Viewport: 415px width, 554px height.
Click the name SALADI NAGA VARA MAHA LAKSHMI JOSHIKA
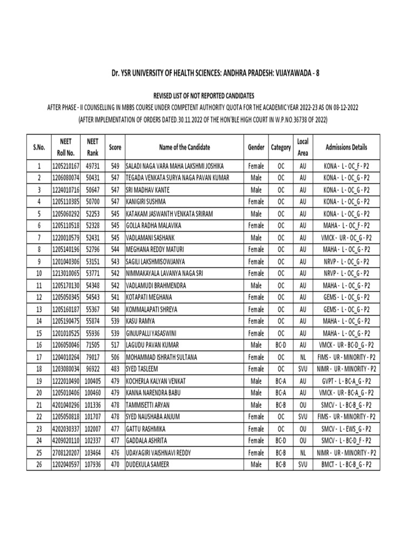[174, 166]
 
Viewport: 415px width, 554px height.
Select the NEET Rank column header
[92, 147]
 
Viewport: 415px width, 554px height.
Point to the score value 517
[115, 345]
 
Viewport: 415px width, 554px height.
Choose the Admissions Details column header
[346, 147]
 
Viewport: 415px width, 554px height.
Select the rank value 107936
[92, 464]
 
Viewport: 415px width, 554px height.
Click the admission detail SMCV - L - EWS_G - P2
[346, 428]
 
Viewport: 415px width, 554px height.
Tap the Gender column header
[256, 147]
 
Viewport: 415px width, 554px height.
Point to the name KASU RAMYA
[140, 321]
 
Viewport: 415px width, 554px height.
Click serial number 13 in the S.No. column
[39, 309]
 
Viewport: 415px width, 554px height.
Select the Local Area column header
[303, 147]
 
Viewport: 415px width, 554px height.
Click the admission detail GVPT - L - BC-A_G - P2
[346, 380]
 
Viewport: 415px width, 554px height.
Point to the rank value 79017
[92, 357]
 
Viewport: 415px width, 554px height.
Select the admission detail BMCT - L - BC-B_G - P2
[346, 464]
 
